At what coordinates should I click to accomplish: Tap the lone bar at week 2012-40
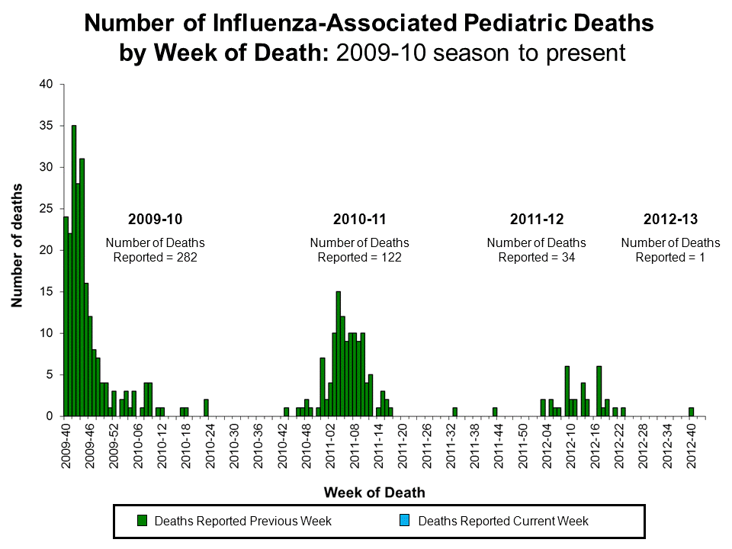(x=691, y=412)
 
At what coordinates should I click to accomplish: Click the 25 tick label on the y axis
(x=47, y=209)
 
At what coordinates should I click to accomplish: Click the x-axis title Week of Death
(x=374, y=493)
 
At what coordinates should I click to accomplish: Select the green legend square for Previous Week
(x=142, y=521)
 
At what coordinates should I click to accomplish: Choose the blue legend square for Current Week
(x=406, y=521)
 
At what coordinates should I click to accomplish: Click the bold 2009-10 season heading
(x=155, y=220)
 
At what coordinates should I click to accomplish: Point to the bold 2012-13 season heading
(x=670, y=220)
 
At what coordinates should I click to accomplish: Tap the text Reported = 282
(x=155, y=258)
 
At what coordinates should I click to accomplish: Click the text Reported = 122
(x=359, y=258)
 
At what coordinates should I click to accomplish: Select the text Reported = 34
(x=536, y=258)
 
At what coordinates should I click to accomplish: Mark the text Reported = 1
(x=670, y=258)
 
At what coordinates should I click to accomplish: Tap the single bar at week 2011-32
(x=454, y=412)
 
